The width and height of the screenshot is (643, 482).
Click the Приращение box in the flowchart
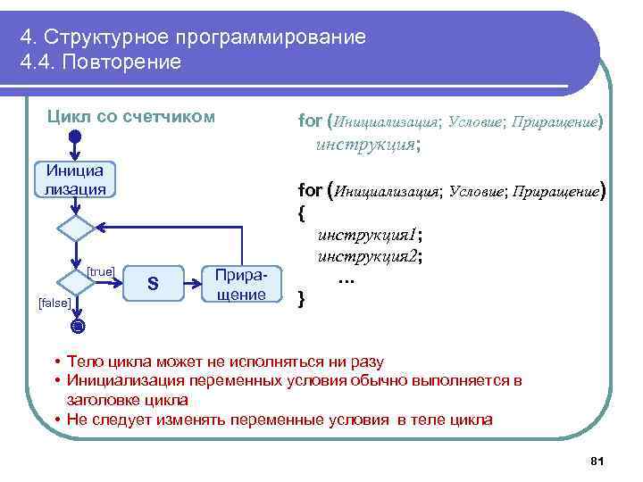(241, 284)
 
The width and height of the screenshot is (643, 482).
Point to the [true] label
(101, 271)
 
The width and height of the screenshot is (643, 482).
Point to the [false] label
(54, 303)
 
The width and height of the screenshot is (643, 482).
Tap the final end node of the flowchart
(77, 326)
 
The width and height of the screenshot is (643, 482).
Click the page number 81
(597, 461)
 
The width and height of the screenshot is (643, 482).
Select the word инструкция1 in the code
(366, 236)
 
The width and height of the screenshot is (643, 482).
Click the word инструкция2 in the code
(366, 256)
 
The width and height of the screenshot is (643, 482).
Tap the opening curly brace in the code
(301, 215)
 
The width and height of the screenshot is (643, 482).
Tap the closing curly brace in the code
(301, 297)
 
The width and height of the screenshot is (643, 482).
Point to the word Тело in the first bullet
(83, 361)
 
